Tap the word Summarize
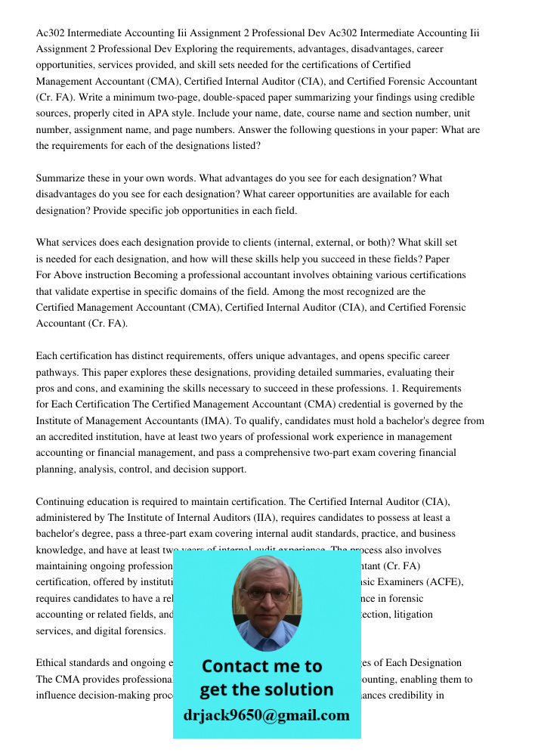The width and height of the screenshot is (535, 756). [60, 178]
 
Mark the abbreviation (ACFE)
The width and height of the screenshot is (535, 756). [441, 581]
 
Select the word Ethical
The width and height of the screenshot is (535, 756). [54, 663]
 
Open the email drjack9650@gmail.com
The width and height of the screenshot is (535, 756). [266, 715]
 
